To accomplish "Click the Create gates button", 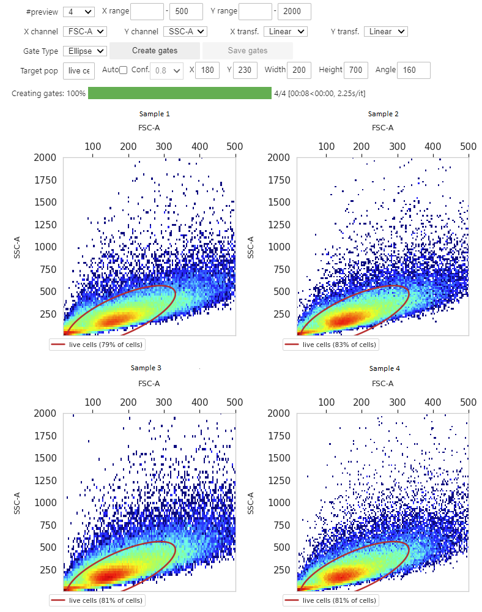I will tap(155, 51).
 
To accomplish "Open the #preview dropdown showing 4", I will tap(78, 12).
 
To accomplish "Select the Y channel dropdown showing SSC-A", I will tap(185, 31).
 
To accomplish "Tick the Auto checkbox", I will tap(123, 70).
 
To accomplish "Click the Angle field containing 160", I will tap(413, 70).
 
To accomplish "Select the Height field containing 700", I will tap(355, 70).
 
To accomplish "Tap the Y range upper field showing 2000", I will tap(294, 12).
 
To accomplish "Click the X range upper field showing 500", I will tap(186, 12).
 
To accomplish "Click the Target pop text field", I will tap(79, 70).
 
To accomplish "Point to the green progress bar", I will tap(179, 93).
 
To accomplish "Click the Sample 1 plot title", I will tap(154, 114).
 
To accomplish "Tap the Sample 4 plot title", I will tap(384, 368).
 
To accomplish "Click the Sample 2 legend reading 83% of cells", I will tap(330, 345).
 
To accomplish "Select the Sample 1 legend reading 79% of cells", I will tap(97, 345).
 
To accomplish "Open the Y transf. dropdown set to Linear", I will tap(385, 31).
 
